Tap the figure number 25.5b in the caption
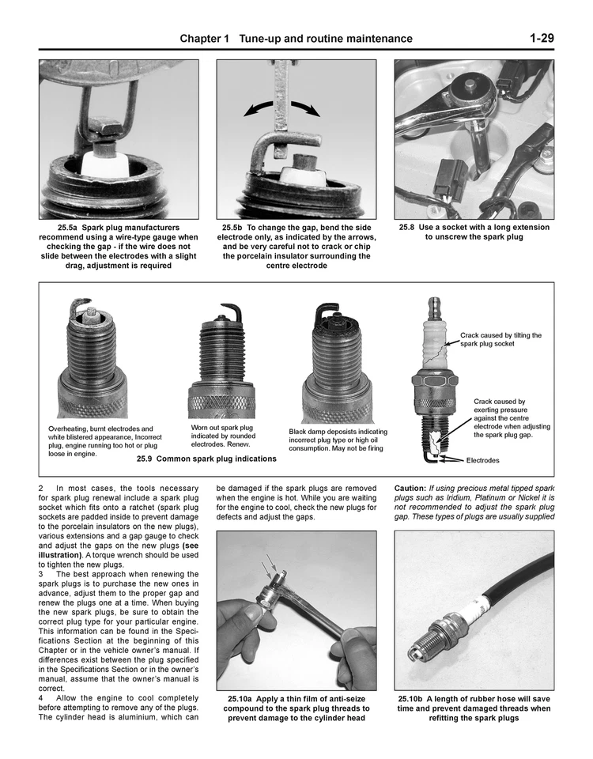235,228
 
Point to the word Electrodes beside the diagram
482,460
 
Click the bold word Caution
410,489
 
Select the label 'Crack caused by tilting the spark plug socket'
500,339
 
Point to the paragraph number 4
41,697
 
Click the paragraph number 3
41,574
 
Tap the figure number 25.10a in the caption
240,699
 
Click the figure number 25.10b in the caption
415,699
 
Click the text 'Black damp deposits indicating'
338,432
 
